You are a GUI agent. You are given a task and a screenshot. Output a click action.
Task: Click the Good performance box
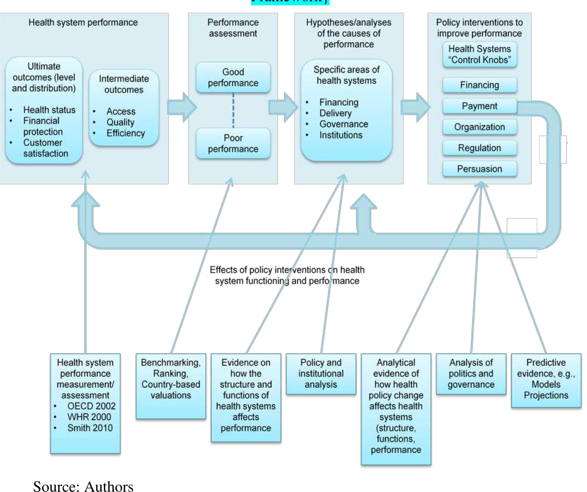pos(233,77)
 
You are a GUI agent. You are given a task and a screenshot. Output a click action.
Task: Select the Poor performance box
pos(233,143)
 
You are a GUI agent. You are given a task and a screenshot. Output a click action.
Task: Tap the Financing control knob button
pos(479,85)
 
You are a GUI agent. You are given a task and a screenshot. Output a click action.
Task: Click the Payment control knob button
pos(479,106)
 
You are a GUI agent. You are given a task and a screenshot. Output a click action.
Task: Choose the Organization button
pos(479,127)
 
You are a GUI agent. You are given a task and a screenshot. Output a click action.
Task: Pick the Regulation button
pos(479,148)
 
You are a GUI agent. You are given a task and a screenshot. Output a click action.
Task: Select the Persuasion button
pos(479,169)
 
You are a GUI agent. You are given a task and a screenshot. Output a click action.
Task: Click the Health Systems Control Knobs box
pos(479,54)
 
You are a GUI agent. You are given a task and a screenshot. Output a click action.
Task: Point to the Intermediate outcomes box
pos(124,107)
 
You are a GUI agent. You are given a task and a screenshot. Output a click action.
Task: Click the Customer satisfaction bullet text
pos(45,148)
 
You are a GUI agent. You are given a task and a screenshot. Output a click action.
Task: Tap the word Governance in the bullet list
pos(344,124)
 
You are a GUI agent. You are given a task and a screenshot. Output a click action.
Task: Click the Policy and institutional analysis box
pos(321,374)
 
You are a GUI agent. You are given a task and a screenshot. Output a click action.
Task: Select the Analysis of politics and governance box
pos(471,374)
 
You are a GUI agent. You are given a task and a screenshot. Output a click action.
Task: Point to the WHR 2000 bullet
pos(89,417)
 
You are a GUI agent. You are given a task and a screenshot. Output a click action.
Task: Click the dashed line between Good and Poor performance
pos(233,110)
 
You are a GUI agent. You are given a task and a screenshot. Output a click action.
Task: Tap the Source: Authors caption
pos(83,486)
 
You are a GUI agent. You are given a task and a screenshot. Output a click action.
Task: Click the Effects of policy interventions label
pos(287,275)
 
